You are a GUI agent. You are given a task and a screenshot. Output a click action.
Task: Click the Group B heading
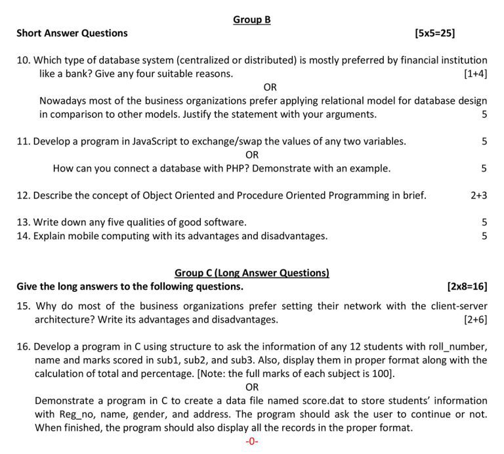click(x=252, y=20)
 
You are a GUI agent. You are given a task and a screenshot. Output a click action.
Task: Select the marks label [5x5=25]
click(x=435, y=33)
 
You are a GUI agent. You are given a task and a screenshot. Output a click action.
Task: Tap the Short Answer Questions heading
click(x=72, y=33)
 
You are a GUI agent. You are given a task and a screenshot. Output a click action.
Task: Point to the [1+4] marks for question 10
click(x=475, y=74)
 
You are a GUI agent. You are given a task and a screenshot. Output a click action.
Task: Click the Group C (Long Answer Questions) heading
click(x=252, y=273)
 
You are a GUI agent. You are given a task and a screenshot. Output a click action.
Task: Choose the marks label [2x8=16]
click(x=467, y=286)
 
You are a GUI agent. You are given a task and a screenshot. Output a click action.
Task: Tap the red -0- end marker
click(x=252, y=442)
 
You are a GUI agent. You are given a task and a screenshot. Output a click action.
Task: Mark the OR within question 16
click(x=252, y=387)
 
